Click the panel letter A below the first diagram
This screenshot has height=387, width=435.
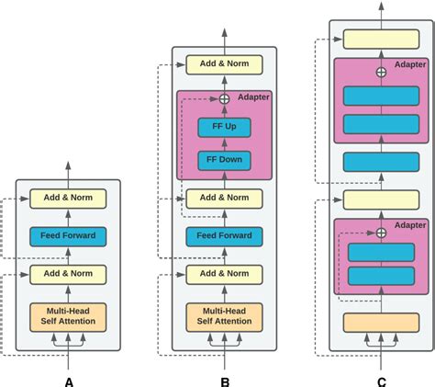click(x=69, y=380)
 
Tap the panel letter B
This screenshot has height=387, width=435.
click(x=225, y=380)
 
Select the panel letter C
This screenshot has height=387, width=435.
click(x=381, y=380)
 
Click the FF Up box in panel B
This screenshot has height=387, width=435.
click(x=224, y=128)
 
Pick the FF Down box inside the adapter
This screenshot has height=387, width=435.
click(x=224, y=161)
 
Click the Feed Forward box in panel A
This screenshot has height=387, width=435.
click(x=69, y=236)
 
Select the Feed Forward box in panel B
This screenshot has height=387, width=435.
click(x=224, y=236)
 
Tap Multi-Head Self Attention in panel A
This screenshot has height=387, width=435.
click(x=69, y=315)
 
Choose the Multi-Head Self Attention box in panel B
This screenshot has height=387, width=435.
click(x=224, y=315)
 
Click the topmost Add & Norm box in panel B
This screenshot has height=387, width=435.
click(x=224, y=64)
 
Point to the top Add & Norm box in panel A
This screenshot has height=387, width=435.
click(x=69, y=198)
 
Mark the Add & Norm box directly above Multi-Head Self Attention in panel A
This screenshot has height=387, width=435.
click(x=69, y=274)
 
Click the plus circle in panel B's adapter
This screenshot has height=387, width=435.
click(x=224, y=99)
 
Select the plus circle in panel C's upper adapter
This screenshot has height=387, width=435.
click(x=381, y=72)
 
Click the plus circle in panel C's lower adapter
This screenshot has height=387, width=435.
click(x=381, y=233)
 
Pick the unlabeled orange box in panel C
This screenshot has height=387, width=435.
click(x=381, y=322)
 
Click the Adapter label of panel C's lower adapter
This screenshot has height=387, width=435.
click(x=409, y=225)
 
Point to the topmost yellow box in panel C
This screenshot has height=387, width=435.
click(x=381, y=39)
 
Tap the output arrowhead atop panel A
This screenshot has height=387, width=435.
click(x=69, y=166)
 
